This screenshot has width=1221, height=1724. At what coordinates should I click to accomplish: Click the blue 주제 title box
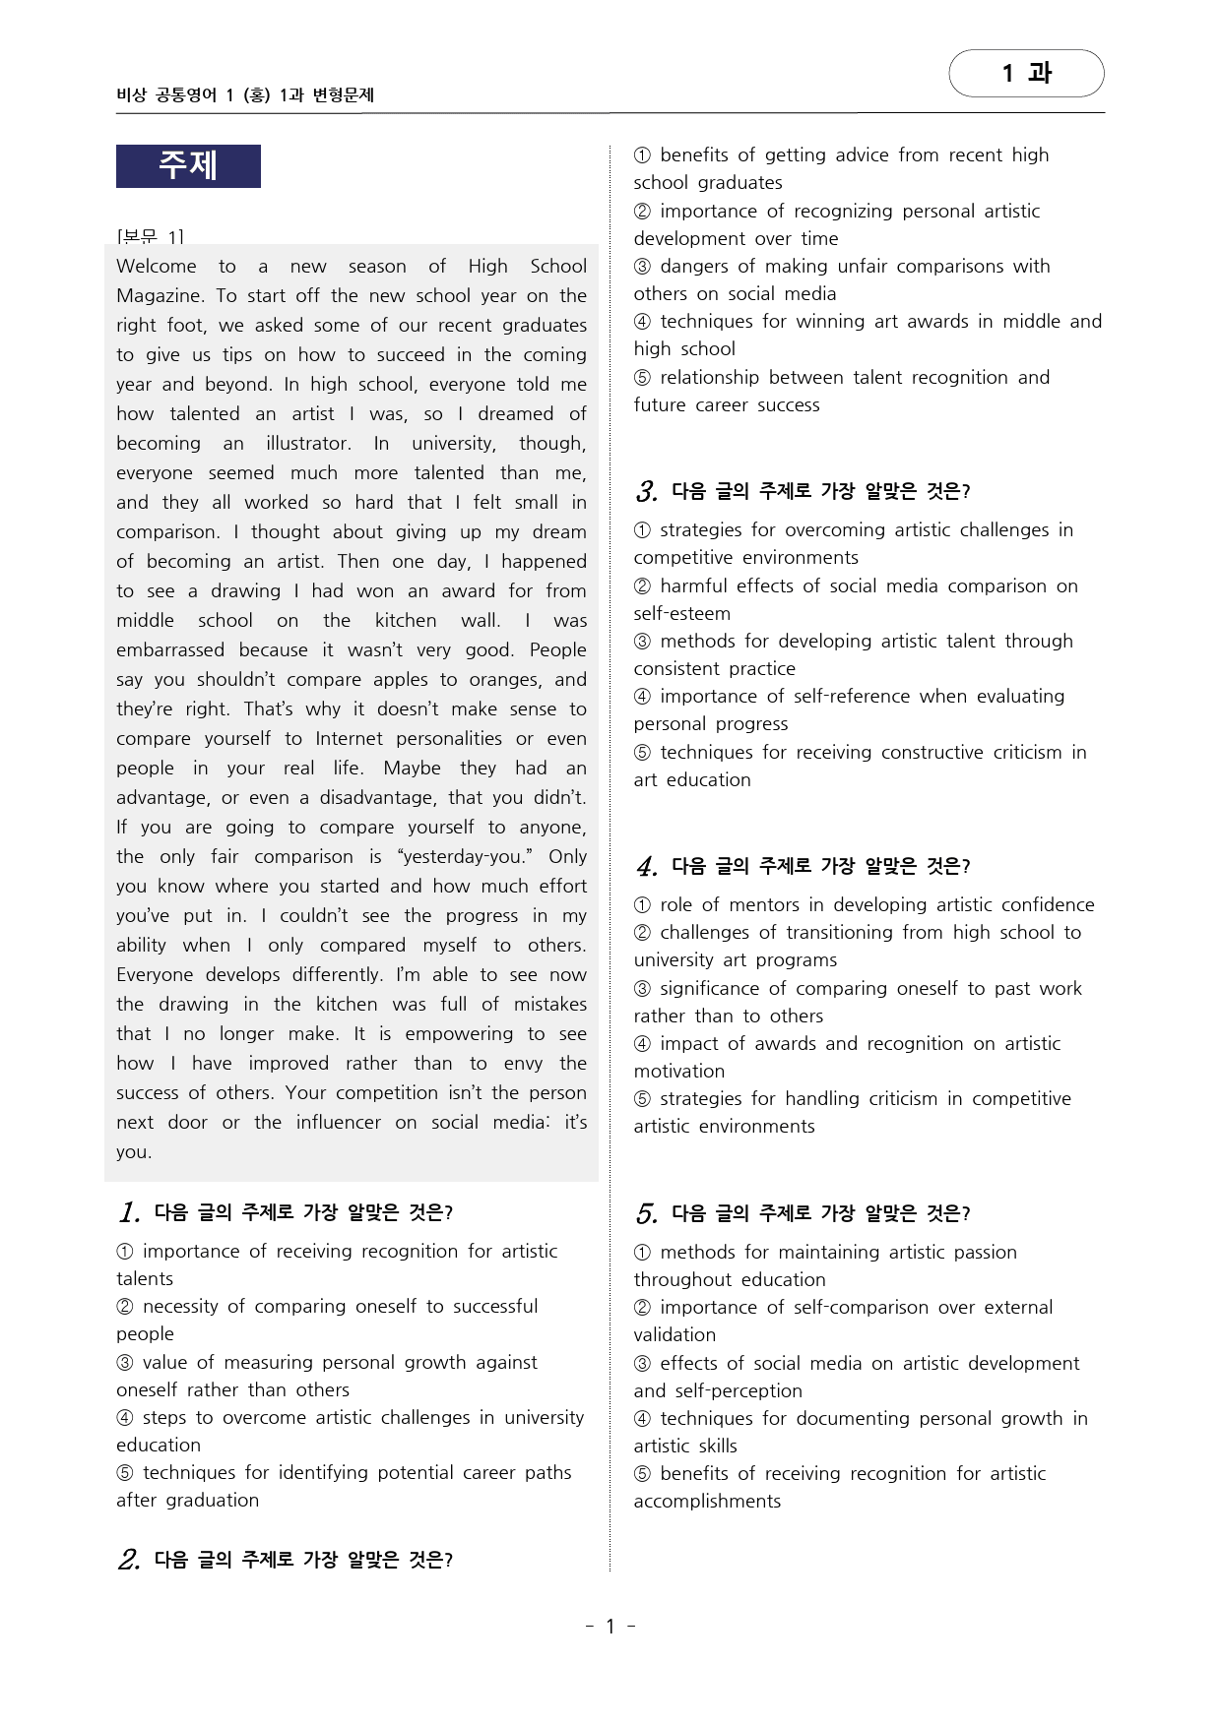188,165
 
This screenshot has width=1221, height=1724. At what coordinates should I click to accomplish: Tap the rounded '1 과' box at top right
1026,73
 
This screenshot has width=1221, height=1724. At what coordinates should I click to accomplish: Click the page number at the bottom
610,1626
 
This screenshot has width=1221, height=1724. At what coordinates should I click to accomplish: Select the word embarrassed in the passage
170,649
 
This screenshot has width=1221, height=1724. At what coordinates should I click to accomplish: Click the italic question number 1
128,1212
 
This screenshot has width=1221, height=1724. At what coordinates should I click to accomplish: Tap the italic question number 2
128,1560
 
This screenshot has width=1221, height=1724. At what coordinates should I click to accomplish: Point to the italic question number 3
646,491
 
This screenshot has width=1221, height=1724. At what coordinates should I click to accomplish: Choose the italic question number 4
646,866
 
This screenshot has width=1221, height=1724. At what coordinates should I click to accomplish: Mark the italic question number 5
646,1213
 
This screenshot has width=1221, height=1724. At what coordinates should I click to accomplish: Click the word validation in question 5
675,1334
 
